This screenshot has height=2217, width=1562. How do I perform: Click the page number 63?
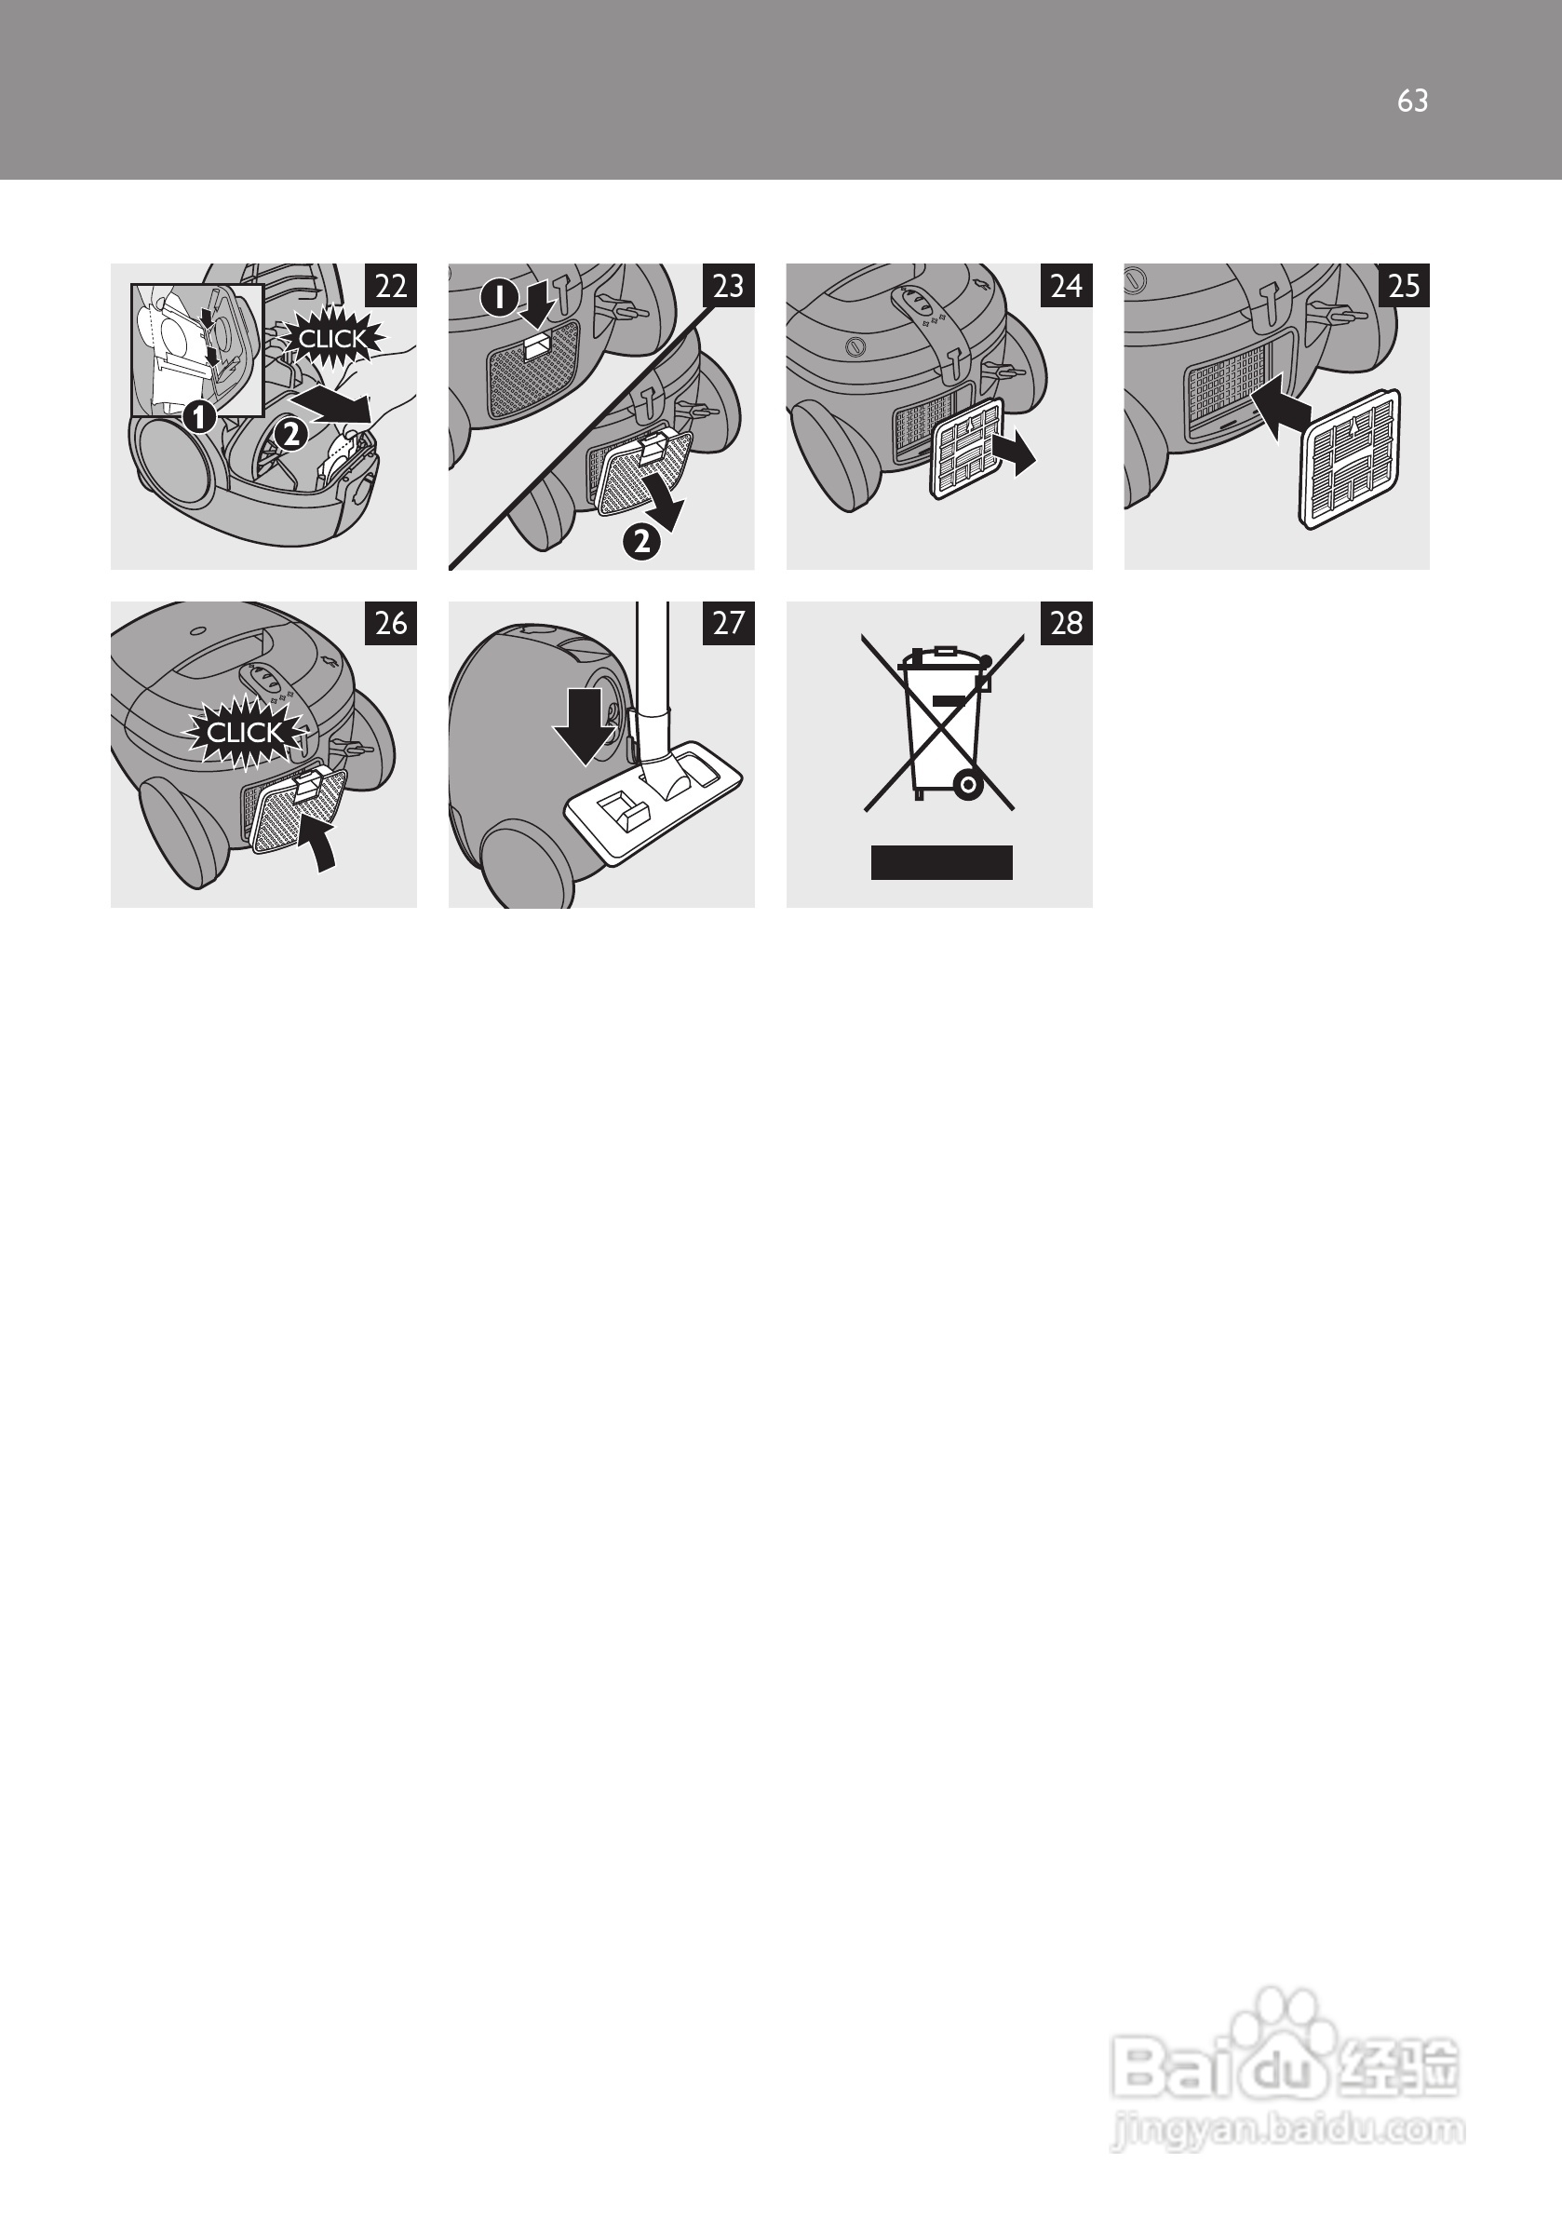coord(1412,101)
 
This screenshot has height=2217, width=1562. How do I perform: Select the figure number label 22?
coord(390,285)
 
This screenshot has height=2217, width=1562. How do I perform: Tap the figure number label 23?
coord(728,285)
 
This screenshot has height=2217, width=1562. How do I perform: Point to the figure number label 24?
coord(1066,285)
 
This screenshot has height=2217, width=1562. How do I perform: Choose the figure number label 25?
coord(1404,285)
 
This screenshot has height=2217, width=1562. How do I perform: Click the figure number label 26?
coord(390,623)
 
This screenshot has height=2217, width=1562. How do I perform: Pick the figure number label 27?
coord(728,623)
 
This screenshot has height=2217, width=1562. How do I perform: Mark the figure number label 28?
coord(1066,623)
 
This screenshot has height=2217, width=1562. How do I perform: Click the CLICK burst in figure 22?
coord(332,339)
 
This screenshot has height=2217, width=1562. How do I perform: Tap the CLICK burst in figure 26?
coord(245,733)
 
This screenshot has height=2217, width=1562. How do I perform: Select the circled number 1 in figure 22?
coord(199,417)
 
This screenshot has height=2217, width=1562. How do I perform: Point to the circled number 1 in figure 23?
coord(498,298)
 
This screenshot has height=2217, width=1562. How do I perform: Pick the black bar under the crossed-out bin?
coord(941,862)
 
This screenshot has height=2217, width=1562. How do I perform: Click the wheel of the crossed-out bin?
coord(968,785)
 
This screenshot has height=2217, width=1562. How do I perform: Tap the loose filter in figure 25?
coord(1350,460)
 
